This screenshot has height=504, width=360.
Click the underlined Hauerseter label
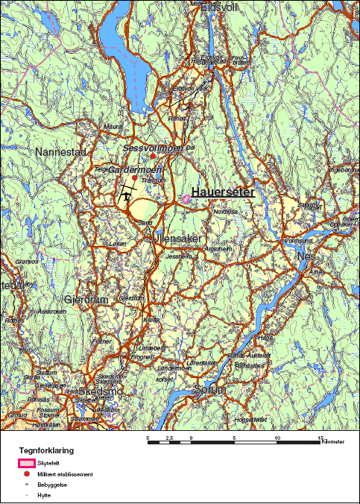223,192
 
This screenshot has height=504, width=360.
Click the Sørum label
208,390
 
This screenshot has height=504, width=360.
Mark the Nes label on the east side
306,256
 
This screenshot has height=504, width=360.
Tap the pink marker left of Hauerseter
185,198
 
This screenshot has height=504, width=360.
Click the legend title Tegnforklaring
46,450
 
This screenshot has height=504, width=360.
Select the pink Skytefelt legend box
27,464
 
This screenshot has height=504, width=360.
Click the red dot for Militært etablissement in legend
27,474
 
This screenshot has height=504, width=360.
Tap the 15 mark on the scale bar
321,438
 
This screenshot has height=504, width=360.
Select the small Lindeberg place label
153,348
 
